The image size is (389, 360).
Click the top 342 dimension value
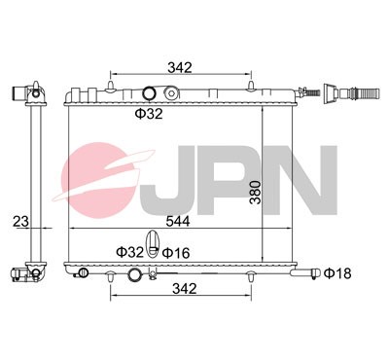[x=179, y=67]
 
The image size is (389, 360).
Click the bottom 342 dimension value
[x=185, y=289]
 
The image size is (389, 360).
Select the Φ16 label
[x=175, y=252]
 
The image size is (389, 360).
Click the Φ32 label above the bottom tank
[x=129, y=252]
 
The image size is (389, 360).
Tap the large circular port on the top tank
[x=149, y=94]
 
